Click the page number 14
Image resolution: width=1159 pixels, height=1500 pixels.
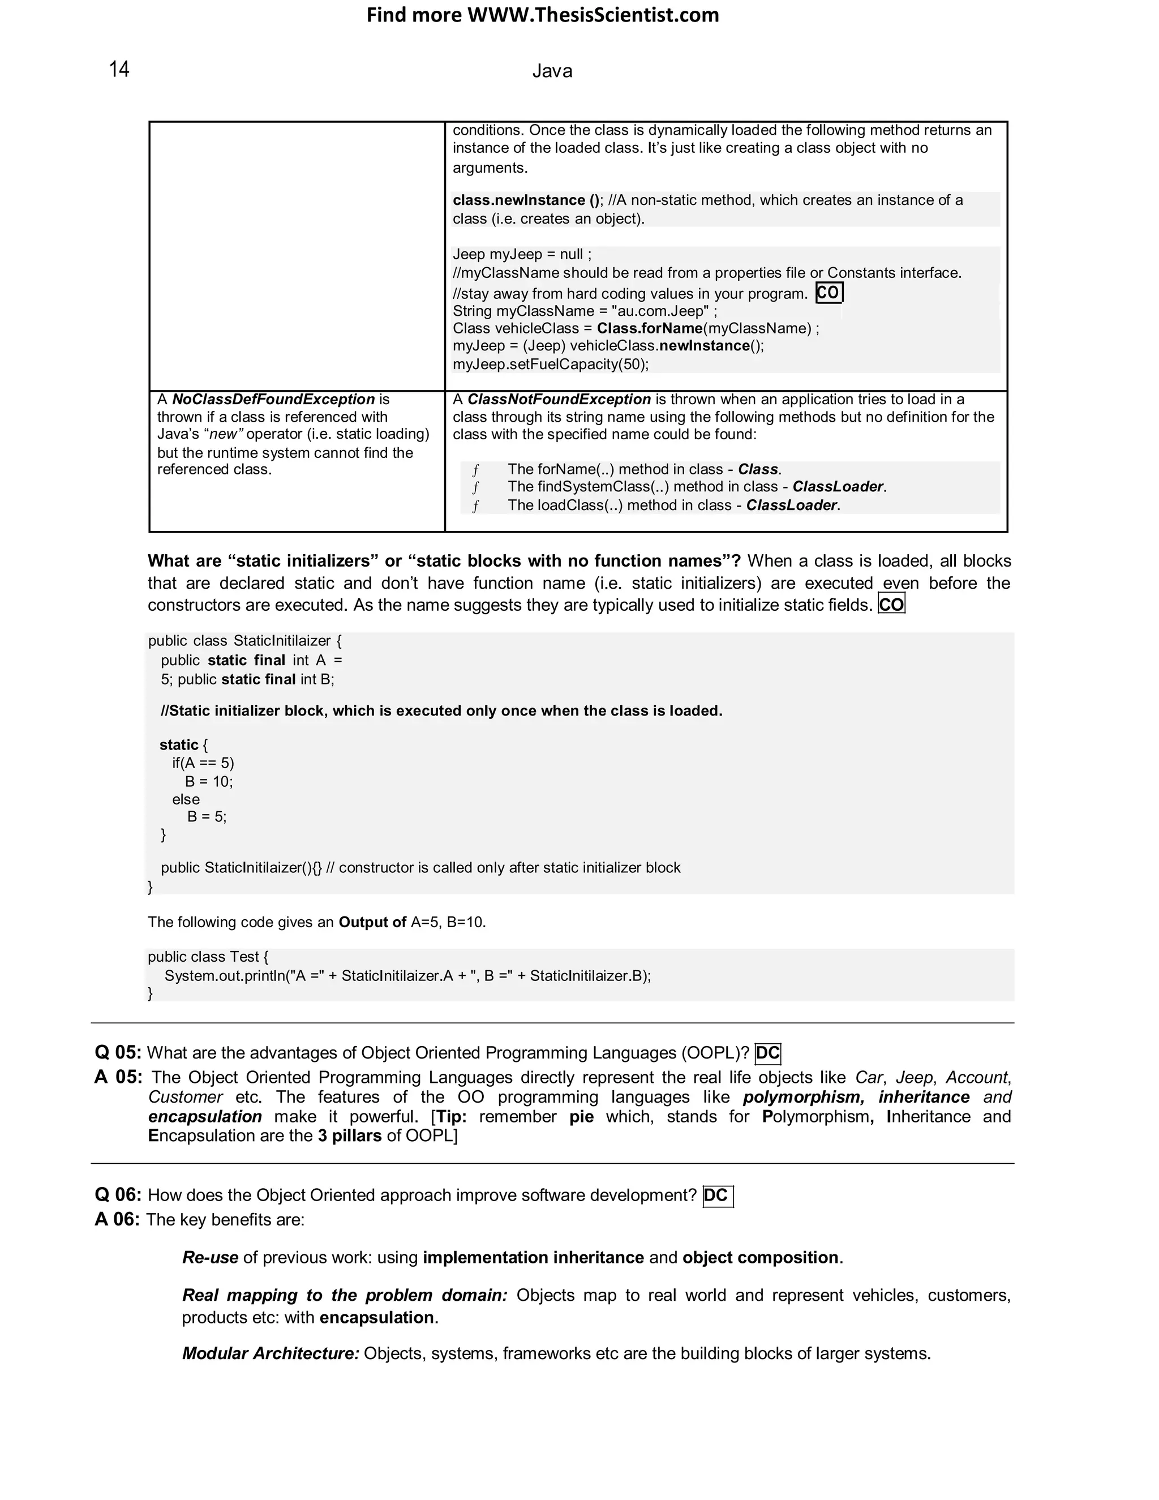[119, 70]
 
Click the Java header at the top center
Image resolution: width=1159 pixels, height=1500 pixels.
[552, 71]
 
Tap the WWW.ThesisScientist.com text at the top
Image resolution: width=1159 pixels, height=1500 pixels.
[593, 15]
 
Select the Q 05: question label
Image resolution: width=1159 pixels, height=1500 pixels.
[118, 1053]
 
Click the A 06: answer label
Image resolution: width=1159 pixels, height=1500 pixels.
[117, 1219]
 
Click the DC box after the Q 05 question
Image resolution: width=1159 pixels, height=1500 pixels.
[767, 1053]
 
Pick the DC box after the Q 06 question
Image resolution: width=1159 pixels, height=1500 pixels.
[717, 1195]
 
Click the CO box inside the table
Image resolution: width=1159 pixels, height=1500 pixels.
[829, 293]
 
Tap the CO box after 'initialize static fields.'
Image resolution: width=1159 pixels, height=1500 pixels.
[891, 605]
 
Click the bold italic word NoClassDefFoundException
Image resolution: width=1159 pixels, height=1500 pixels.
[273, 400]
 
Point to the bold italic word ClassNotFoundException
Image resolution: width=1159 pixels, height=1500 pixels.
[559, 400]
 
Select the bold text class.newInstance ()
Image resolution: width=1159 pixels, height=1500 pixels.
[525, 200]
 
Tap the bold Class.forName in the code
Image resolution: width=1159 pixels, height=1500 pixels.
[650, 328]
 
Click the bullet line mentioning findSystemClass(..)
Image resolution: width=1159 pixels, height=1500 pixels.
[696, 487]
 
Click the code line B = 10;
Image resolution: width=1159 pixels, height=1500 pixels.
[209, 782]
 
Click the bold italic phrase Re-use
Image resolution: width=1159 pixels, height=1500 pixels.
[210, 1258]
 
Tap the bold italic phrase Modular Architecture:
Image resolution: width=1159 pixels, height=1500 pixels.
[271, 1353]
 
